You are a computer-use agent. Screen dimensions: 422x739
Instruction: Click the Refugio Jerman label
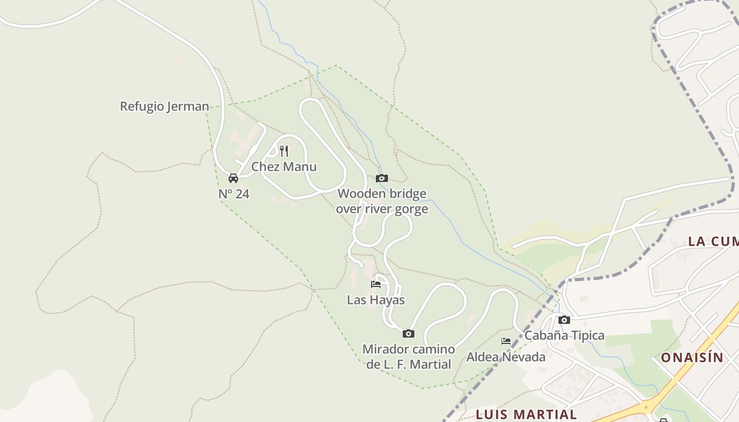tap(165, 107)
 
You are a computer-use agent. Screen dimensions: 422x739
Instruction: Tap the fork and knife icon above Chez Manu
tap(284, 151)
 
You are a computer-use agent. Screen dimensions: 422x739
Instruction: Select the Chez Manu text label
tap(284, 167)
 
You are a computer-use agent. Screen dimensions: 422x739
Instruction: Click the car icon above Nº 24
tap(233, 178)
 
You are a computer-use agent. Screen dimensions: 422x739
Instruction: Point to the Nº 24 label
tap(234, 194)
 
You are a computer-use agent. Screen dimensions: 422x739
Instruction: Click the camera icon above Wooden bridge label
tap(382, 178)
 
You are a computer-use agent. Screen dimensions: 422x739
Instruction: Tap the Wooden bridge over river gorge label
tap(382, 202)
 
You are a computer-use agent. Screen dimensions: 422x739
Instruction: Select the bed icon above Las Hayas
tap(376, 284)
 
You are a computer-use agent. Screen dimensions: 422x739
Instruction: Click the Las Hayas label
tap(376, 300)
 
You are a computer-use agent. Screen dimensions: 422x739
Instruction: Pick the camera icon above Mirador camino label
tap(408, 333)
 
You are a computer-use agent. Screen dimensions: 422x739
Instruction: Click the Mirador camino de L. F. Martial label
tap(409, 357)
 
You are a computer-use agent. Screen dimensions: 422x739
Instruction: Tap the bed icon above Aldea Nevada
tap(506, 341)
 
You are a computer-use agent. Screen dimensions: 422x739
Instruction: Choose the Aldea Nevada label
tap(506, 357)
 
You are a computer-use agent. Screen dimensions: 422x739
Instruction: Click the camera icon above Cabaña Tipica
tap(564, 320)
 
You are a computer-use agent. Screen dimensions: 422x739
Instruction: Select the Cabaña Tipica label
tap(564, 335)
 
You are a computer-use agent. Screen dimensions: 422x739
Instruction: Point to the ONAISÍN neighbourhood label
tap(692, 358)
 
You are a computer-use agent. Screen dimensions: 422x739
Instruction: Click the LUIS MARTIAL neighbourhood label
tap(526, 414)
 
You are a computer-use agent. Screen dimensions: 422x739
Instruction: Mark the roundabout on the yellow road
tap(648, 407)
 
